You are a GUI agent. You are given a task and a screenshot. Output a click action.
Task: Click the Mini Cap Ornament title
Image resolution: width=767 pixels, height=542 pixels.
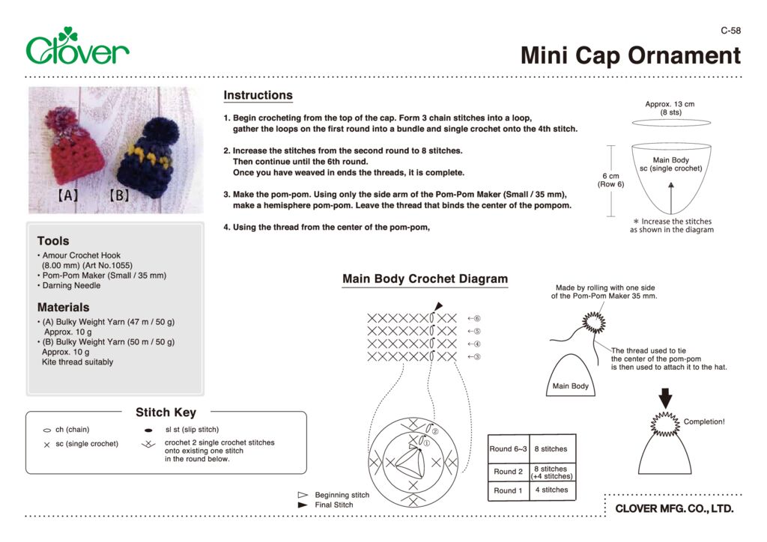(x=631, y=55)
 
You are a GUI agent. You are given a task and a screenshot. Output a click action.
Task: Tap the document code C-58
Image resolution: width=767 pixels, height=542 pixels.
(x=730, y=31)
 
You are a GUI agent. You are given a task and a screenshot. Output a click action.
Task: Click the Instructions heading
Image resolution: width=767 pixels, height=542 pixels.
(x=258, y=95)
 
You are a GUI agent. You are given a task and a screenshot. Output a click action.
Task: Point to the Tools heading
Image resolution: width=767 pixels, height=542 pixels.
(x=53, y=241)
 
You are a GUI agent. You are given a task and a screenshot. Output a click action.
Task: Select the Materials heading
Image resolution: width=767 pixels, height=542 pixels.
(x=63, y=307)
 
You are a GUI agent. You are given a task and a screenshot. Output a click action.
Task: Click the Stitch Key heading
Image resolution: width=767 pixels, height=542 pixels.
(x=166, y=412)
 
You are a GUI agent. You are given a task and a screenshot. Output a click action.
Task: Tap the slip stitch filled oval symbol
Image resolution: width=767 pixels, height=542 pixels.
(x=148, y=430)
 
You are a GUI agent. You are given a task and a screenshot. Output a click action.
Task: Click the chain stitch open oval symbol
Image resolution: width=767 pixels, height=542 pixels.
(x=46, y=430)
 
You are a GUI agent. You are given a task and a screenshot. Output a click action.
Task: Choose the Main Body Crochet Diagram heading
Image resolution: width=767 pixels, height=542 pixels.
(x=425, y=279)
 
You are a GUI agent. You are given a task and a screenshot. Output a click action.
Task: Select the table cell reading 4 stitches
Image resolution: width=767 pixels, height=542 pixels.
(x=554, y=490)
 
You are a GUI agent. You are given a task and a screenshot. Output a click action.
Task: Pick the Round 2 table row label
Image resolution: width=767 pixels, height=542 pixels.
(x=509, y=472)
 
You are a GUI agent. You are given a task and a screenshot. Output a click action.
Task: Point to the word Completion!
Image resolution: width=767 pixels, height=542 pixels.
(x=704, y=421)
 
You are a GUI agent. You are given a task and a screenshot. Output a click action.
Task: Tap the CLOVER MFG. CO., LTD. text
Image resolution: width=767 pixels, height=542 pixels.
(x=674, y=509)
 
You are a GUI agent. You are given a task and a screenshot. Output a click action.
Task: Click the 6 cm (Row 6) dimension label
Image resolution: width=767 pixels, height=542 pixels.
(x=610, y=180)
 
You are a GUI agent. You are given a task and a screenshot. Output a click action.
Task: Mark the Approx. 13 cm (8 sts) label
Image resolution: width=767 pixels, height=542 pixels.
(x=670, y=109)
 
